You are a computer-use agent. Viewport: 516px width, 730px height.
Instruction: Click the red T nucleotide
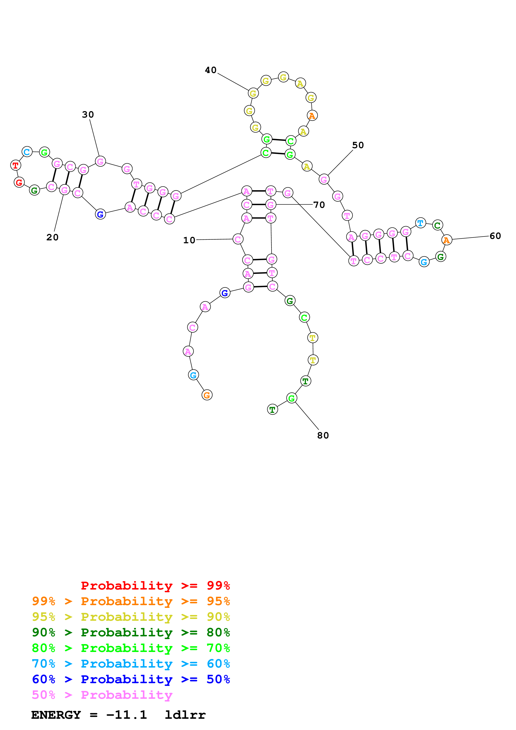(x=15, y=165)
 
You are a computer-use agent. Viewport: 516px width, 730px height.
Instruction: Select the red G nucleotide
(x=19, y=182)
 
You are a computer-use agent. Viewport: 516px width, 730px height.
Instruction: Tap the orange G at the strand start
(x=207, y=395)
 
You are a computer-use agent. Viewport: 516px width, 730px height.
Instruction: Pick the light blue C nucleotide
(x=27, y=152)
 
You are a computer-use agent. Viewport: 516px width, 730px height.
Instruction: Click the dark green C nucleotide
(x=438, y=225)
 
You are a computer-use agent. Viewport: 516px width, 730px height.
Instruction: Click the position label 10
(x=189, y=240)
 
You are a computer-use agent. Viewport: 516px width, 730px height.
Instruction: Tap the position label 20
(x=52, y=237)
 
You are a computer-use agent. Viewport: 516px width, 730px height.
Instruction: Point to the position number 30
(x=88, y=114)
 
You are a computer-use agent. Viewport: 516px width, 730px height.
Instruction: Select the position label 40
(x=210, y=70)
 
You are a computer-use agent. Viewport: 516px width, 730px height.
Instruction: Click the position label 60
(x=495, y=236)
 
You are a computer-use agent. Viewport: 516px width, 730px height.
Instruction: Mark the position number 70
(x=319, y=205)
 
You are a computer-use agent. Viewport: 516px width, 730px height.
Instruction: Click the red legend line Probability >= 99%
(x=155, y=586)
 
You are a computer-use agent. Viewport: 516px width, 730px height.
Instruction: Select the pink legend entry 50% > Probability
(x=102, y=695)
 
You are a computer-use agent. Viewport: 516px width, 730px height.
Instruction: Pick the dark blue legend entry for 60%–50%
(x=131, y=679)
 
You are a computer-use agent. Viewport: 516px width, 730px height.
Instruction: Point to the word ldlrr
(x=185, y=715)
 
